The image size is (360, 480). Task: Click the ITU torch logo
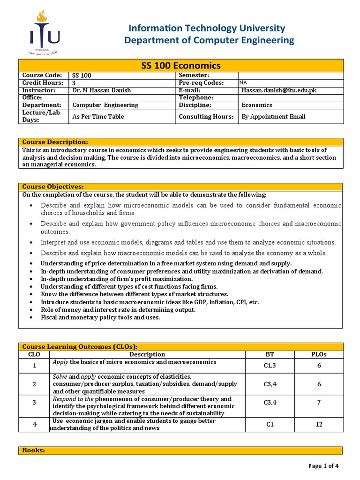[45, 32]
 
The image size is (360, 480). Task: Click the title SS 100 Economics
[180, 66]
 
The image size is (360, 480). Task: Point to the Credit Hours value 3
[74, 83]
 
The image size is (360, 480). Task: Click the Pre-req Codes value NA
[243, 82]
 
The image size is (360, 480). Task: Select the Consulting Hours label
[206, 116]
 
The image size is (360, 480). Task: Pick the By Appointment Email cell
[273, 116]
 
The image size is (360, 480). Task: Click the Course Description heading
[55, 142]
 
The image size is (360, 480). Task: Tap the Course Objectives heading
[53, 187]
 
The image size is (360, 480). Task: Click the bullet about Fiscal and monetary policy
[100, 317]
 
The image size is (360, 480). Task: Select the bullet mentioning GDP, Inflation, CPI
[150, 302]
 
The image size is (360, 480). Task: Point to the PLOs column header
[319, 354]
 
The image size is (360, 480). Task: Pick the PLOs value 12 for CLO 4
[319, 425]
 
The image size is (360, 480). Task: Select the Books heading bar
[180, 450]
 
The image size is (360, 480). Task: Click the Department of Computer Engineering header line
[209, 40]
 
